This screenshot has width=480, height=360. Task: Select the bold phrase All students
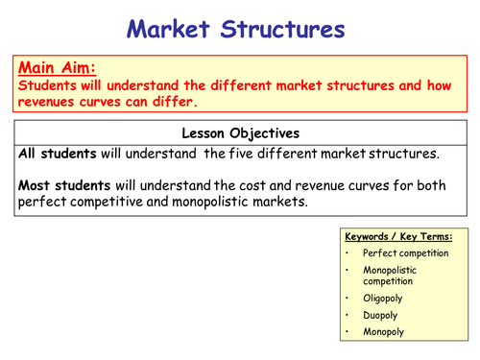pyautogui.click(x=54, y=153)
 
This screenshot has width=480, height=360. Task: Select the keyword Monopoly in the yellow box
pyautogui.click(x=384, y=332)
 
